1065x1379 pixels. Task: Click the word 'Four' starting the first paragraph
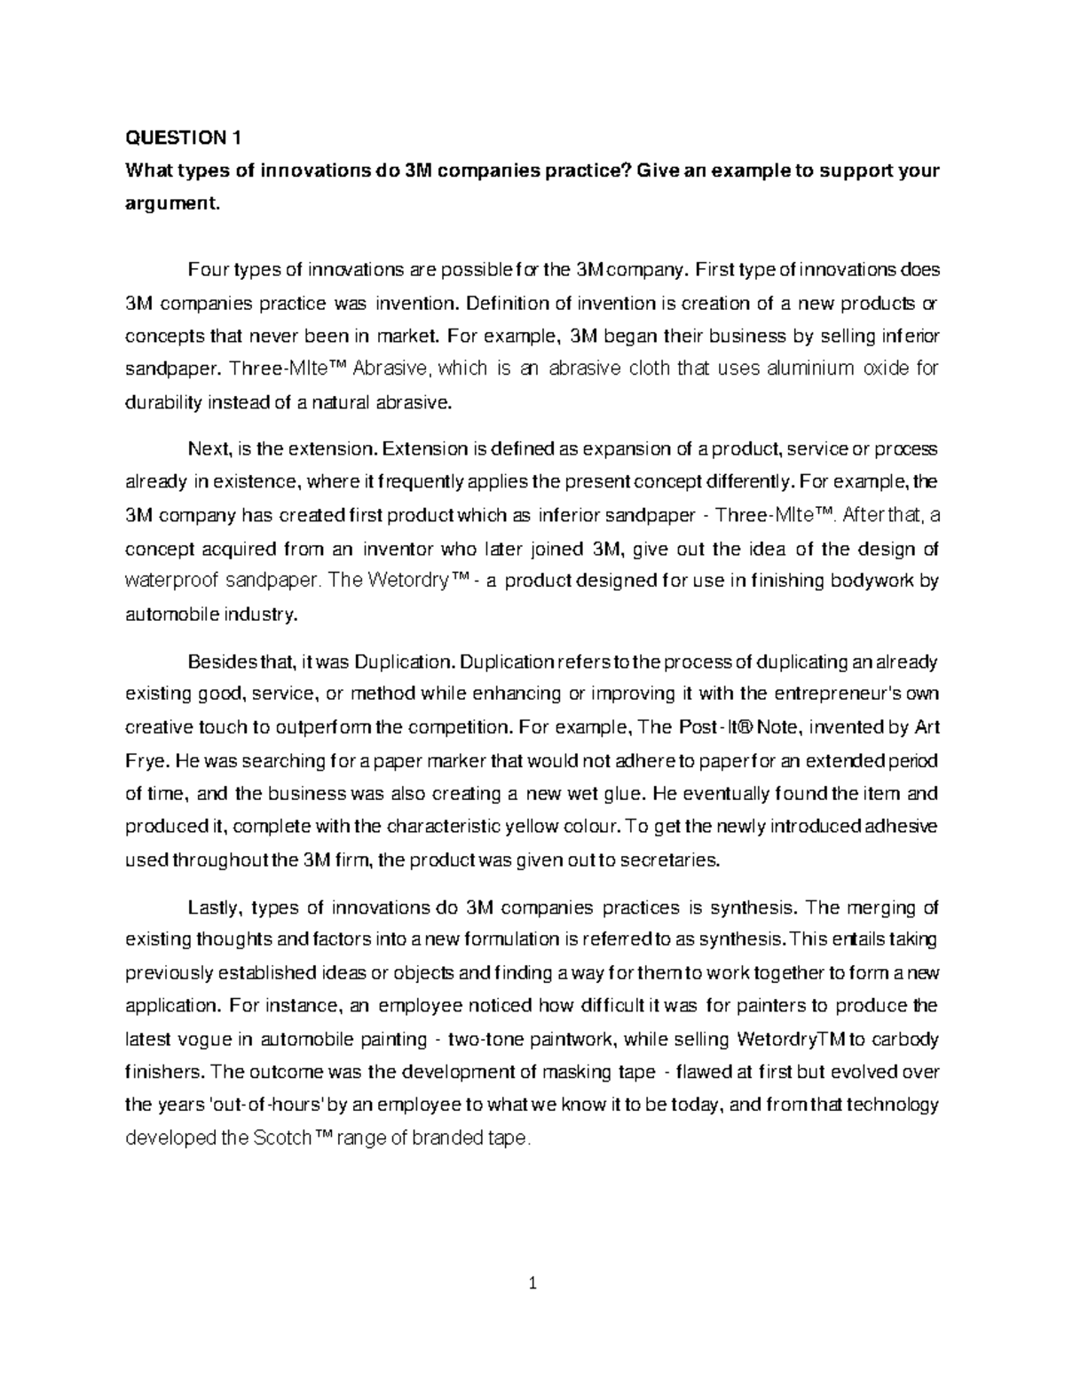coord(205,269)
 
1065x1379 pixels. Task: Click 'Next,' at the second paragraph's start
coord(209,449)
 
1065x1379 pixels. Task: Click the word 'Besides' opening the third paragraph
coord(217,662)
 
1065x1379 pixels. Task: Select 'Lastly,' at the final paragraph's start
coord(213,907)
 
